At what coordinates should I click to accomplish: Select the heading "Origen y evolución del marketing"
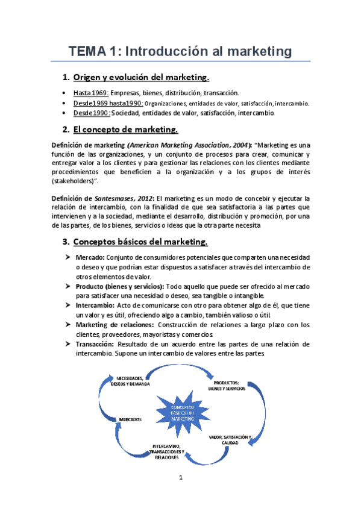pyautogui.click(x=141, y=77)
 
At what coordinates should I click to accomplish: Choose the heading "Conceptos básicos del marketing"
pyautogui.click(x=140, y=242)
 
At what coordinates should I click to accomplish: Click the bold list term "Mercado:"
pyautogui.click(x=90, y=258)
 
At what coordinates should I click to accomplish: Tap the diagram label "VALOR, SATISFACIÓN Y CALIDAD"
pyautogui.click(x=231, y=439)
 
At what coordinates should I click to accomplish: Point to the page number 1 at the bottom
pyautogui.click(x=180, y=478)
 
